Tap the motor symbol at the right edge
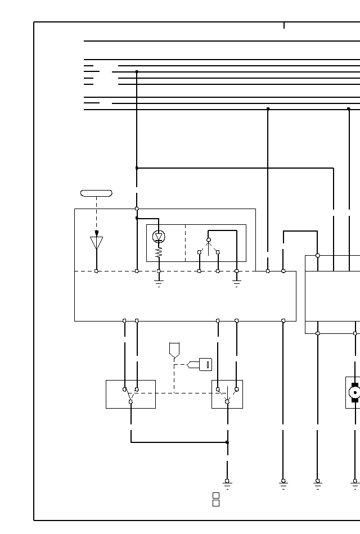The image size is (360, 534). (354, 392)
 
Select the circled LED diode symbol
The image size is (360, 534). (159, 237)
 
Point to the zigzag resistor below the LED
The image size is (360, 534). (159, 253)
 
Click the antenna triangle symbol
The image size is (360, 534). (97, 243)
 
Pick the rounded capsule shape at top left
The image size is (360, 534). (96, 193)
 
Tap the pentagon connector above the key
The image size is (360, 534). (174, 350)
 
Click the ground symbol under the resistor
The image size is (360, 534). (159, 283)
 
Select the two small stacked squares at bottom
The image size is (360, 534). (215, 499)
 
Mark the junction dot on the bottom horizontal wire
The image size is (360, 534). (227, 442)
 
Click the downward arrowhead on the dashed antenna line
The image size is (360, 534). (97, 233)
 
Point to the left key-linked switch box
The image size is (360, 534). (130, 394)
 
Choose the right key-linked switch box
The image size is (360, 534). (227, 394)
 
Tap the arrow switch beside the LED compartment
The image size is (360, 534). (209, 247)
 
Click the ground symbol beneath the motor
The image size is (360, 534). (355, 484)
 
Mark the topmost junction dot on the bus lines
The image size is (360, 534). (137, 72)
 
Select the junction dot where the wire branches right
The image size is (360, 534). (137, 168)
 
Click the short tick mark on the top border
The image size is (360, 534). (284, 25)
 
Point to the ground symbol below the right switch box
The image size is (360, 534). (227, 484)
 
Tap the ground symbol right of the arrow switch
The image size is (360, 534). (237, 283)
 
